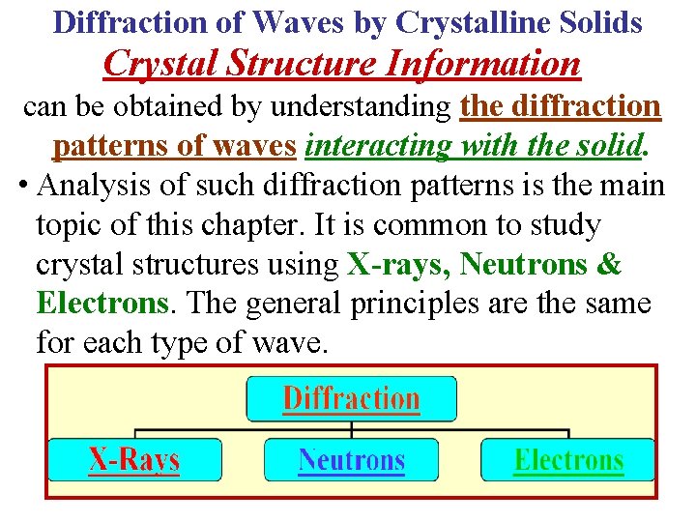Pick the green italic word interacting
pyautogui.click(x=365, y=146)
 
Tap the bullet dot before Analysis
pyautogui.click(x=22, y=186)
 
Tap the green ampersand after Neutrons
pyautogui.click(x=610, y=264)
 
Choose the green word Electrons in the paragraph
pyautogui.click(x=101, y=303)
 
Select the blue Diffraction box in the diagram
pyautogui.click(x=351, y=399)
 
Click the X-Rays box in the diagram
pyautogui.click(x=134, y=460)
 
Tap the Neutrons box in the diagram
pyautogui.click(x=351, y=460)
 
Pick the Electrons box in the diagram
pyautogui.click(x=567, y=460)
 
